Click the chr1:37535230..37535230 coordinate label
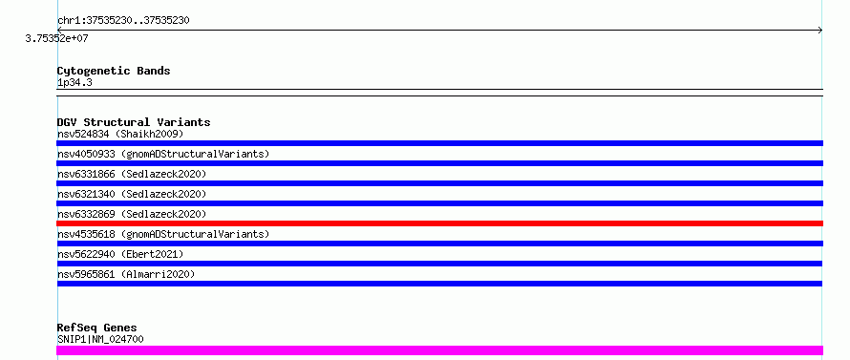(123, 21)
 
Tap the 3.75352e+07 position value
(56, 38)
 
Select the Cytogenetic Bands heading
(114, 71)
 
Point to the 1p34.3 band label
(74, 82)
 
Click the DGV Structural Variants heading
(134, 122)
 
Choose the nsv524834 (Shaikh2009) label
(120, 134)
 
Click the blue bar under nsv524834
(439, 143)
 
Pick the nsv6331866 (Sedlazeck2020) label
(132, 174)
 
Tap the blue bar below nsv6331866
(439, 183)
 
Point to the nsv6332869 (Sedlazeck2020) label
(132, 214)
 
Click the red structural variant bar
(439, 223)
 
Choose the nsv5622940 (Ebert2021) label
(120, 254)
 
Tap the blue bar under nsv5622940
(439, 264)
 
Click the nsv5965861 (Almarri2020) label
(126, 274)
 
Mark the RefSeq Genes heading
(96, 328)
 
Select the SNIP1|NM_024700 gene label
(100, 340)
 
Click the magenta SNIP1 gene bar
(439, 350)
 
